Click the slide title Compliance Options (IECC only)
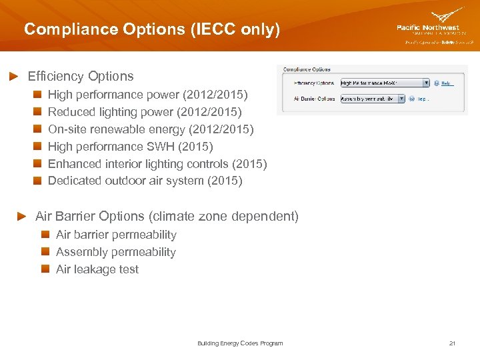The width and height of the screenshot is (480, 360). point(152,29)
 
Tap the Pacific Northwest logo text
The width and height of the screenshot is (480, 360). point(427,27)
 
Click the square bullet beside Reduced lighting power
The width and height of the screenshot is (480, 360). point(39,112)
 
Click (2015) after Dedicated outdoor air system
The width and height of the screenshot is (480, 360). point(225,181)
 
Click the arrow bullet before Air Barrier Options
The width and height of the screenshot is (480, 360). point(21,217)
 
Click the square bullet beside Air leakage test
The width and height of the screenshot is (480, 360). point(46,269)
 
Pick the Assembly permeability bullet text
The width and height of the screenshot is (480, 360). point(115,252)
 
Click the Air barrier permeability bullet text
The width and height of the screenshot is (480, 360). point(116,235)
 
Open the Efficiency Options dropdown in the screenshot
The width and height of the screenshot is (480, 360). point(385,83)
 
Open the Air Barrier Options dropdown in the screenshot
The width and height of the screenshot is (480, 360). point(372,98)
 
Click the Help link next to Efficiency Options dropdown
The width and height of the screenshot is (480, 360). point(447,83)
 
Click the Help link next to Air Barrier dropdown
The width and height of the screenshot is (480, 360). point(422,98)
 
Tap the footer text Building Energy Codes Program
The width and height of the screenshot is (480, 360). point(240,343)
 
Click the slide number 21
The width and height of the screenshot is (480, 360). point(452,343)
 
